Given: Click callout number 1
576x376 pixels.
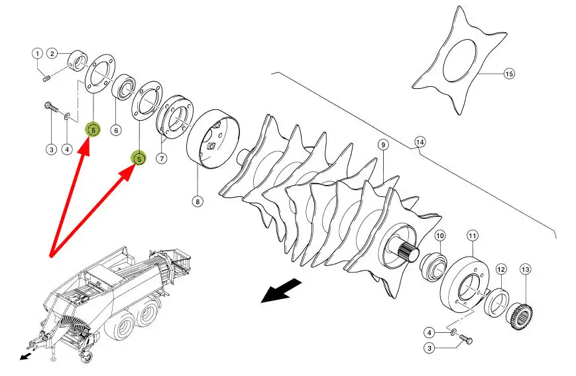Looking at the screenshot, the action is [37, 54].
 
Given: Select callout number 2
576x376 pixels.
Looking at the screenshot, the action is [52, 54].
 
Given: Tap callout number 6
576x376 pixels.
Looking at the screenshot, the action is [116, 130].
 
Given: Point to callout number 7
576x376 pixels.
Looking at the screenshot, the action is [161, 158].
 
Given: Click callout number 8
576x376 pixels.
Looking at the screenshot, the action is [198, 202].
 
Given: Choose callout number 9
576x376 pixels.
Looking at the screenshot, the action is [383, 145].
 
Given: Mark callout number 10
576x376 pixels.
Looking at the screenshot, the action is [440, 235].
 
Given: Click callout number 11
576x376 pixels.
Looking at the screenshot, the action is [473, 235].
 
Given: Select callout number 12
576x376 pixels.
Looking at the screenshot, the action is [501, 269].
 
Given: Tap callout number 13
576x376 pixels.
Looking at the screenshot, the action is [526, 269].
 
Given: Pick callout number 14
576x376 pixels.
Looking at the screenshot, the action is [420, 141].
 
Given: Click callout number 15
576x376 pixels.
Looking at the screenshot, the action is [509, 74].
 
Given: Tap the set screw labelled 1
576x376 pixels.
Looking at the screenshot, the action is [46, 78].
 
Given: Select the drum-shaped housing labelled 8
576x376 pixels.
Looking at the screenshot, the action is [213, 139].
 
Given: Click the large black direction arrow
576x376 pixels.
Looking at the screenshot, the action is [282, 290].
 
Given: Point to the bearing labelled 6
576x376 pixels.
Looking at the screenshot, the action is [123, 88].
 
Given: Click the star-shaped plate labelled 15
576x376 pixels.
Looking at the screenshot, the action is [459, 60].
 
